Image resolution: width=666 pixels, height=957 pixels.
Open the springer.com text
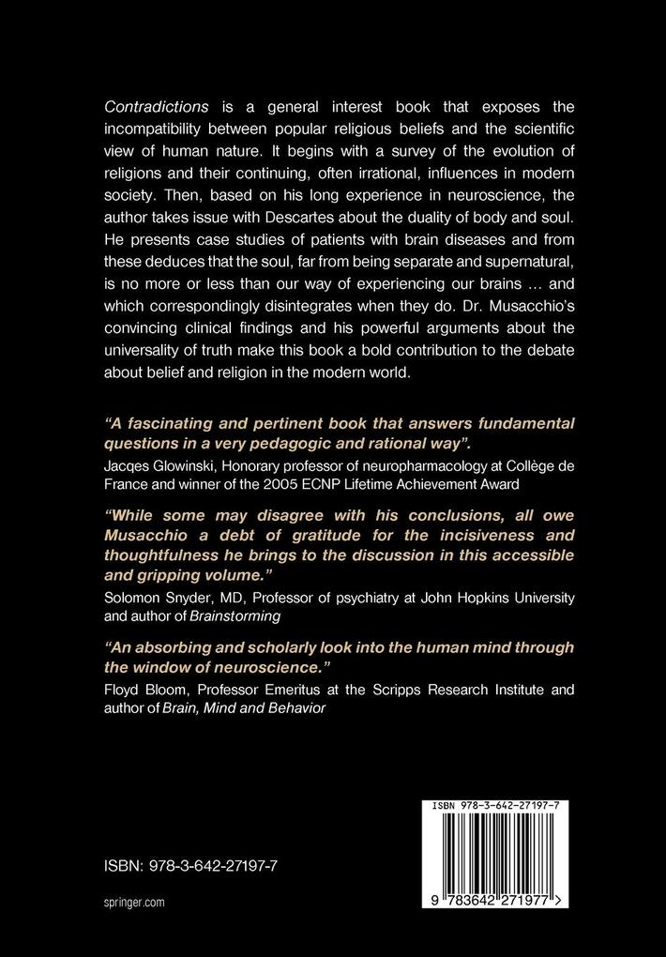coord(134,902)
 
